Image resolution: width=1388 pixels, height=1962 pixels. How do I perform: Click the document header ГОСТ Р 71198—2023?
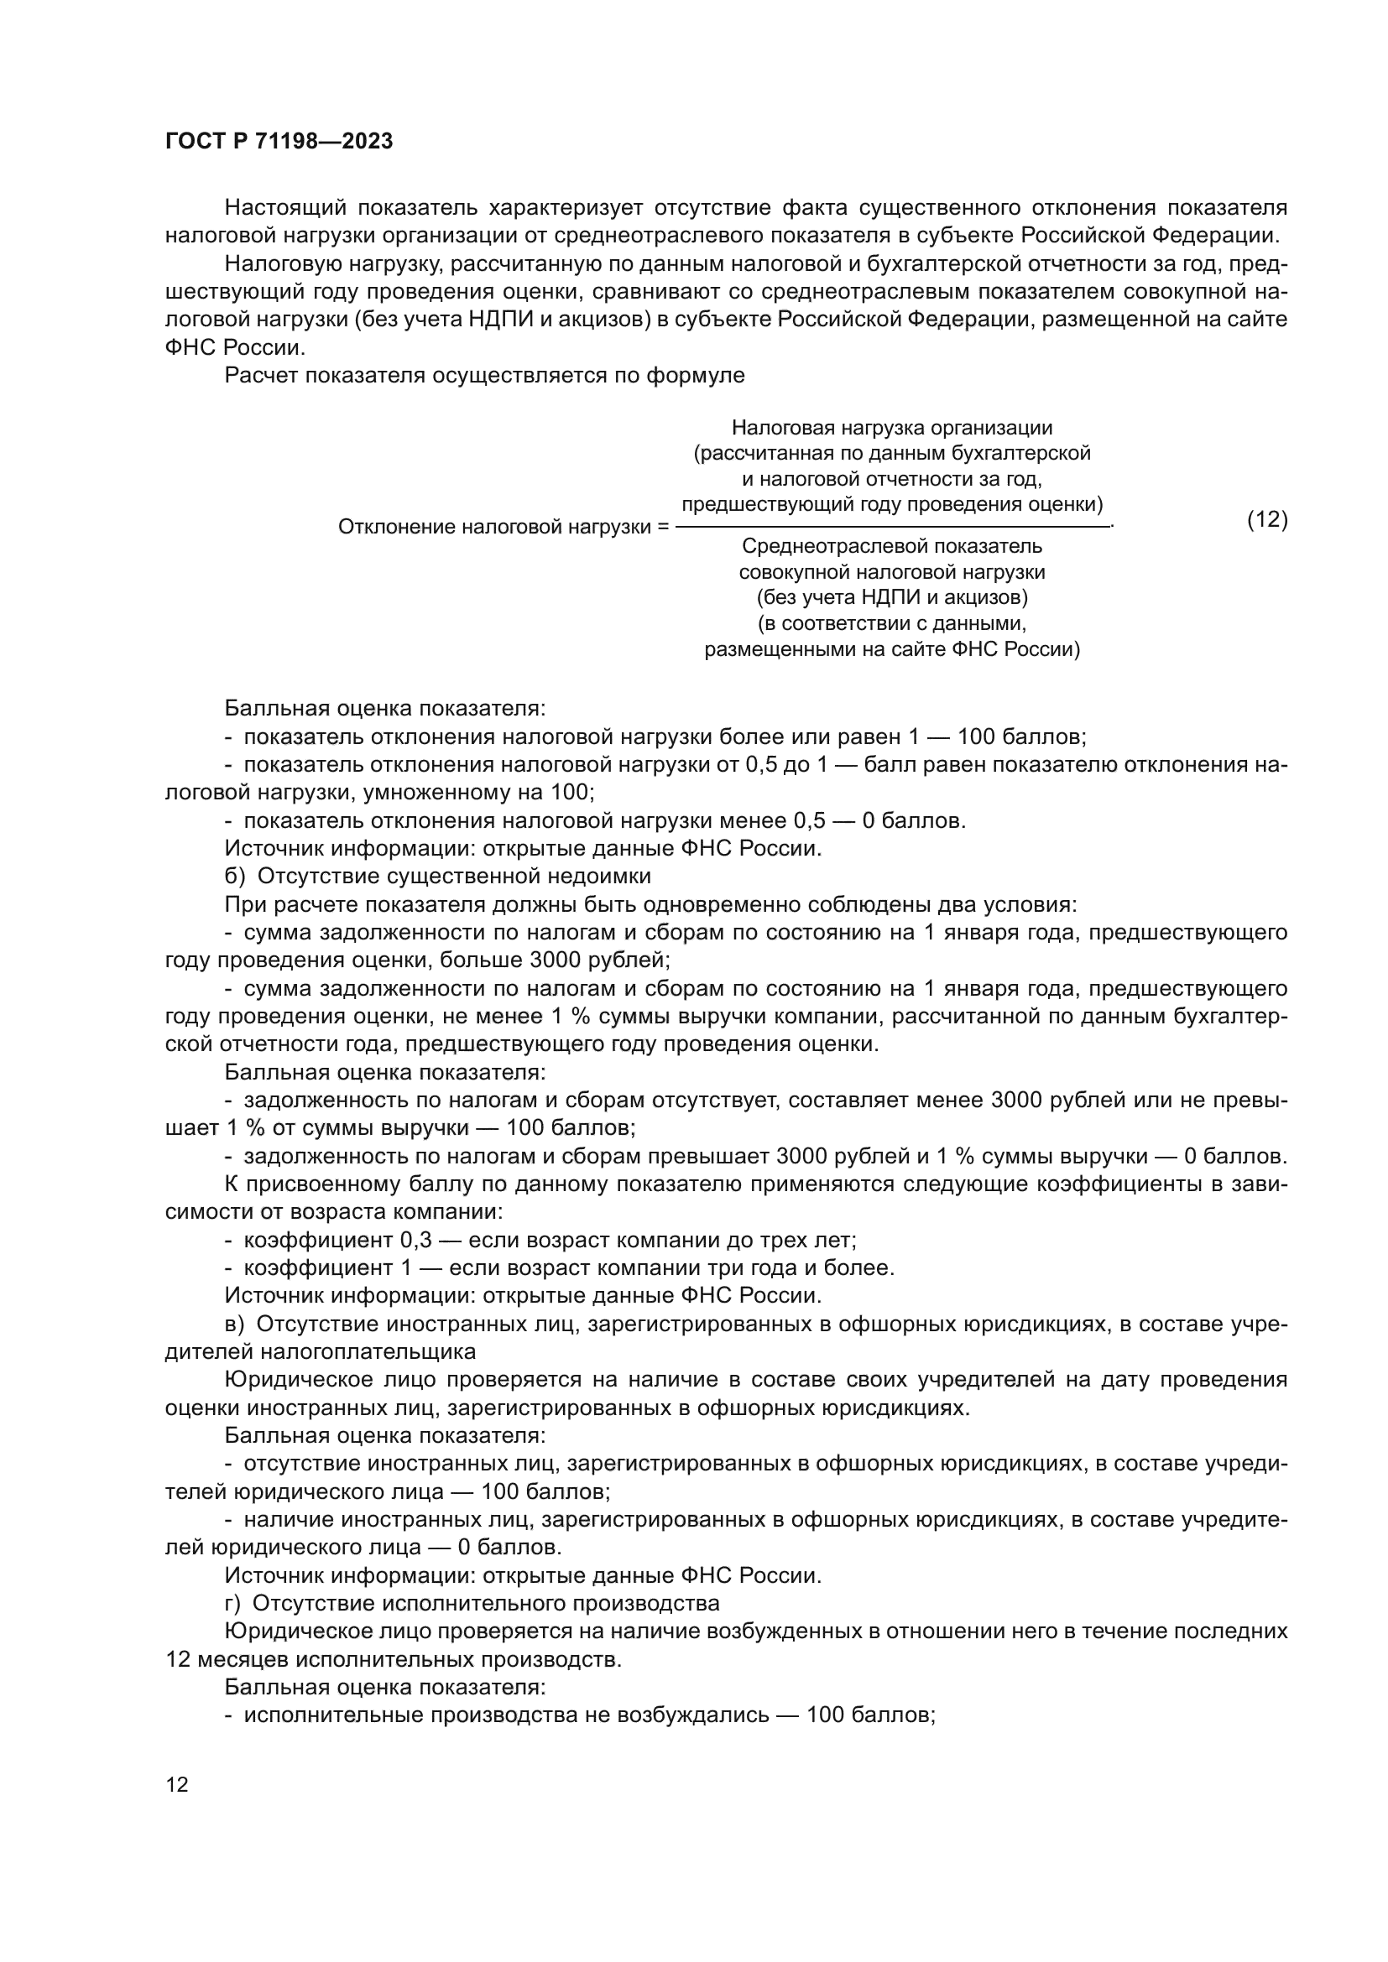coord(279,142)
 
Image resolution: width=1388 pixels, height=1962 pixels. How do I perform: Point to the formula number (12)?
coord(1267,519)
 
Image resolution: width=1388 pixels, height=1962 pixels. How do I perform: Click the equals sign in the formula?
coord(662,528)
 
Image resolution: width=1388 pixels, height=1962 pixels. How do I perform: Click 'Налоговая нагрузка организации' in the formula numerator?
coord(891,428)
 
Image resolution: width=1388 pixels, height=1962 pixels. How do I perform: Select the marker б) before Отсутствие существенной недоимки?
coord(234,876)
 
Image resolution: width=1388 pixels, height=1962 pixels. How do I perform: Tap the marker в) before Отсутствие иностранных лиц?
coord(234,1324)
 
